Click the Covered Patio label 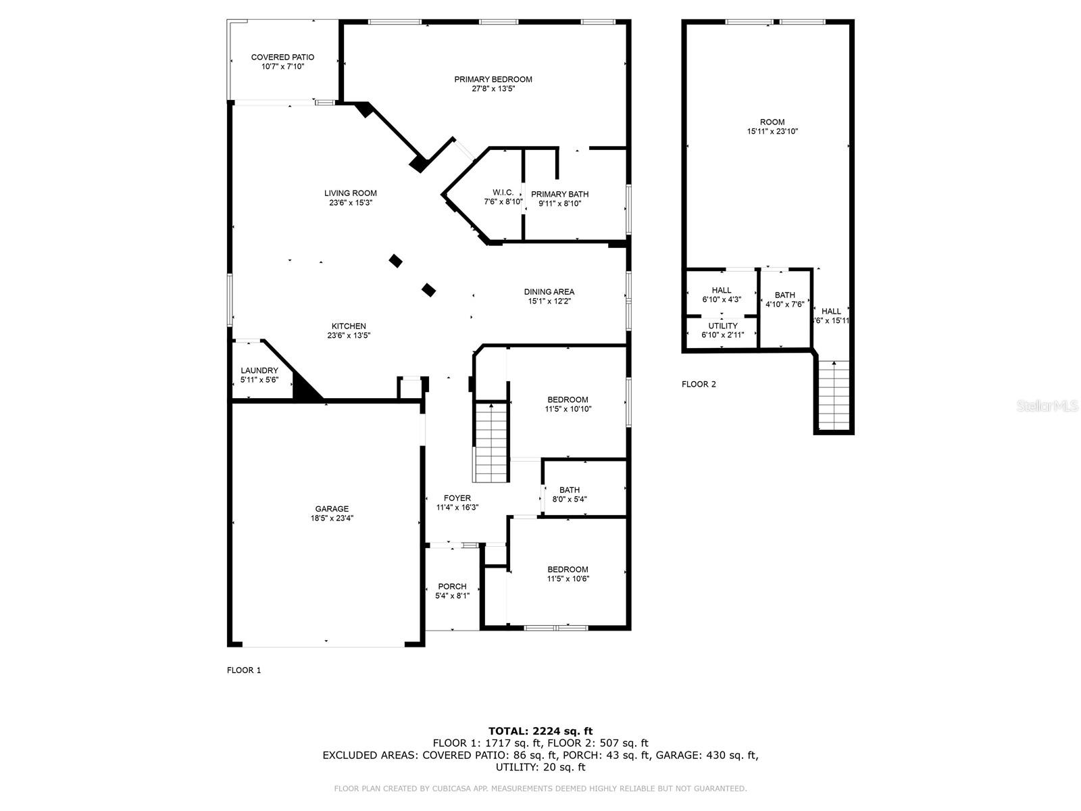282,57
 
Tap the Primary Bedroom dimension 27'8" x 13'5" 493,89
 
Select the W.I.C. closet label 503,193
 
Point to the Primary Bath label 559,195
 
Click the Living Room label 350,193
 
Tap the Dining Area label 549,292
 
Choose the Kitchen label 349,326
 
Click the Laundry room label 259,370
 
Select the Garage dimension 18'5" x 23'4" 332,518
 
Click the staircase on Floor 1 491,443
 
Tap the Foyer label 457,498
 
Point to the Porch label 452,587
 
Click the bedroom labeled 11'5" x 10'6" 568,574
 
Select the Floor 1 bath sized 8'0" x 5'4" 570,495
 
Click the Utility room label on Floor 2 723,326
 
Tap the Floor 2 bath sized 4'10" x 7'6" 784,299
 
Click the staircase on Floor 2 834,395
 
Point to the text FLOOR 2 699,385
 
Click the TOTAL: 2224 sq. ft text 540,731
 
